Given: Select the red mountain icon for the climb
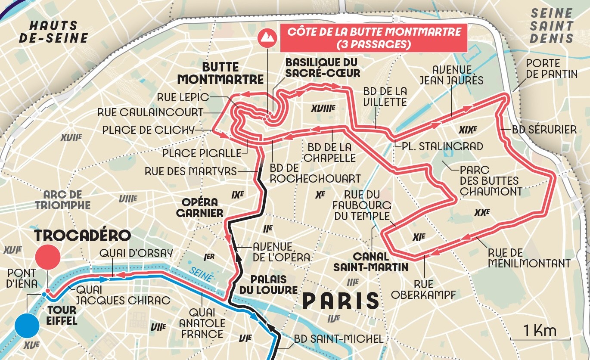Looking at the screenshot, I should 266,38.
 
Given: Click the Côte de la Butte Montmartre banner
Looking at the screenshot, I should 373,38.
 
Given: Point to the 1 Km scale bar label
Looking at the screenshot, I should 540,331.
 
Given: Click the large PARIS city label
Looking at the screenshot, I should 340,301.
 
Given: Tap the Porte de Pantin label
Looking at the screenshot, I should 551,68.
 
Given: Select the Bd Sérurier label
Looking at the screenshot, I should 544,130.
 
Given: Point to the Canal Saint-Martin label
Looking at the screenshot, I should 370,261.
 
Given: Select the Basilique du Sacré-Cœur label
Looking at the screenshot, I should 323,68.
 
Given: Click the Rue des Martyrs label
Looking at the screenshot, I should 190,171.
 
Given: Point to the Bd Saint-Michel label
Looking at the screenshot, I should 338,339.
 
